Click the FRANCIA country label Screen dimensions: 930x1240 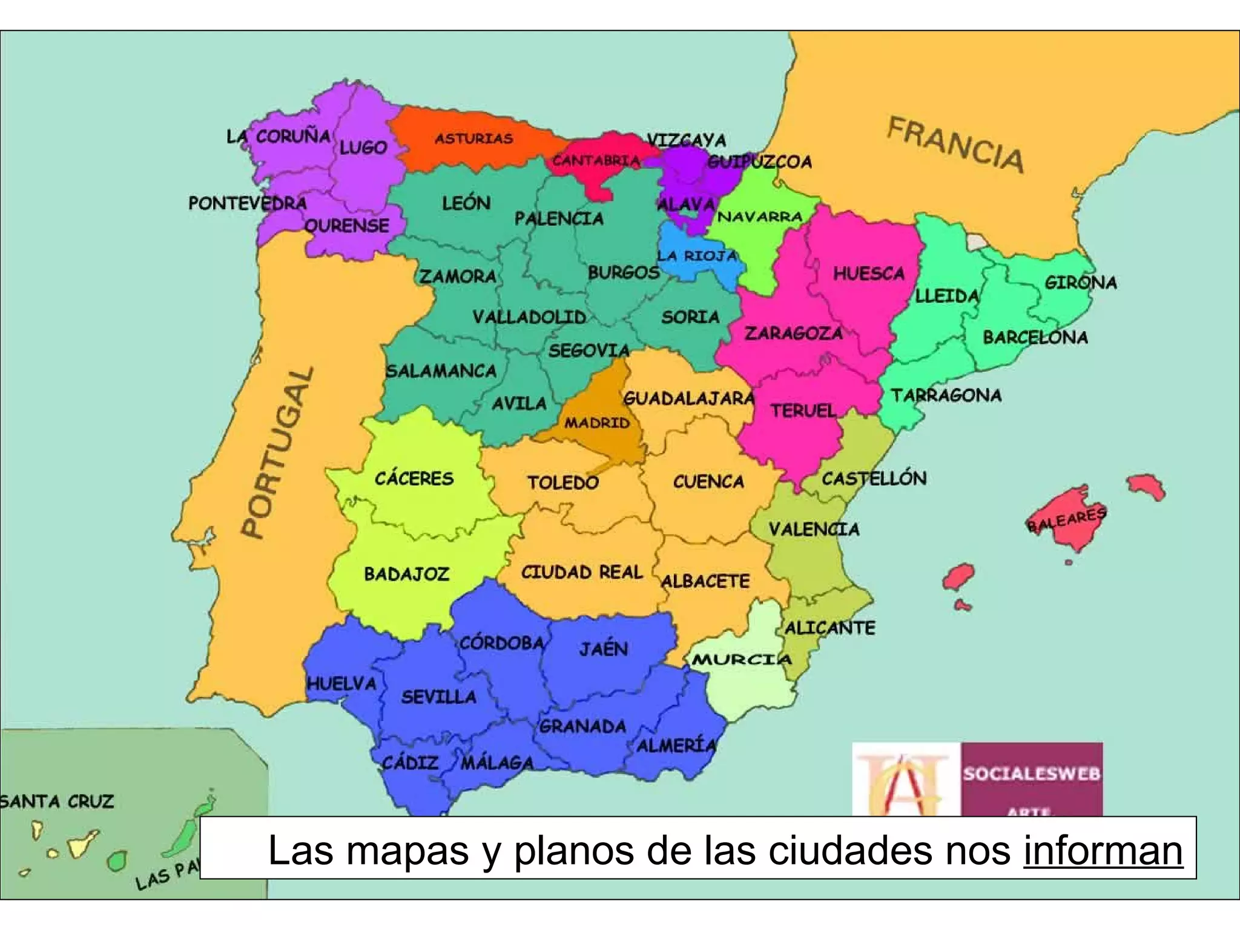(x=955, y=145)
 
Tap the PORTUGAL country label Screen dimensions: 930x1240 (x=278, y=452)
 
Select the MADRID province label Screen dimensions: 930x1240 (x=597, y=423)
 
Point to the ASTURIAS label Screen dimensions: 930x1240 (x=474, y=139)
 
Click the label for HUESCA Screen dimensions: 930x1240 (x=869, y=274)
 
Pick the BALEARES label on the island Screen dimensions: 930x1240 (x=1067, y=519)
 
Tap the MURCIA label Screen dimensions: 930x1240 (x=742, y=659)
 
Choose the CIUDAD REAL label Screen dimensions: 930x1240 (x=582, y=572)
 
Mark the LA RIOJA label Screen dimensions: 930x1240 (x=697, y=256)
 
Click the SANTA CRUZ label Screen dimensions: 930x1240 (x=57, y=801)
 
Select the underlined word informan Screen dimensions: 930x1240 (x=1103, y=850)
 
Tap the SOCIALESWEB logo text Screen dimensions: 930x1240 (x=1032, y=774)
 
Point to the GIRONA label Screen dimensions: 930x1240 (x=1081, y=282)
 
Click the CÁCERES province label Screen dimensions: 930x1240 (x=414, y=478)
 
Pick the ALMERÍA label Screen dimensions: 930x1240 (x=676, y=745)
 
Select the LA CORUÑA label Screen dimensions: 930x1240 (x=279, y=136)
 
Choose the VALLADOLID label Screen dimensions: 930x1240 (x=529, y=317)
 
